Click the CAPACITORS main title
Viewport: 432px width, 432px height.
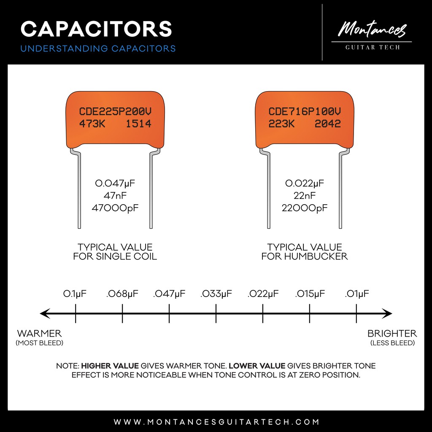click(96, 29)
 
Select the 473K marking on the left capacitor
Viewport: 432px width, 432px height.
click(94, 124)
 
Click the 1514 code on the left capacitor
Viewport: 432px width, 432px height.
click(138, 124)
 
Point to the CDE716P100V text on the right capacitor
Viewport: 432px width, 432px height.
click(305, 112)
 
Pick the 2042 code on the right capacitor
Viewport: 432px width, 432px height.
click(328, 124)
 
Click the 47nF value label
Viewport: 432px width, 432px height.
click(115, 196)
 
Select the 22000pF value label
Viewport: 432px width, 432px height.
click(305, 208)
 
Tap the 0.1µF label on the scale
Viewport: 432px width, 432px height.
click(75, 294)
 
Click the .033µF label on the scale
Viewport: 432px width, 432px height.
click(216, 294)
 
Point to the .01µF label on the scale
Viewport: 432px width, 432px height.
click(357, 294)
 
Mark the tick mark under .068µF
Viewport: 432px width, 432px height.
click(122, 314)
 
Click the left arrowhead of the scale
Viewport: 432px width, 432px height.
click(43, 314)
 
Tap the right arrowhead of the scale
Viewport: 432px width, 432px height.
click(389, 314)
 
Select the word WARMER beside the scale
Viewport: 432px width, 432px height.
click(39, 333)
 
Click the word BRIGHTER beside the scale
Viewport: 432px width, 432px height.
click(392, 333)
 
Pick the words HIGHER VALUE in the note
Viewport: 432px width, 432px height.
click(110, 366)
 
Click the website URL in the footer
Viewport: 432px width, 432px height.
click(216, 422)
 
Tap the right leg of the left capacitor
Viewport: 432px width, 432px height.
click(151, 190)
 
